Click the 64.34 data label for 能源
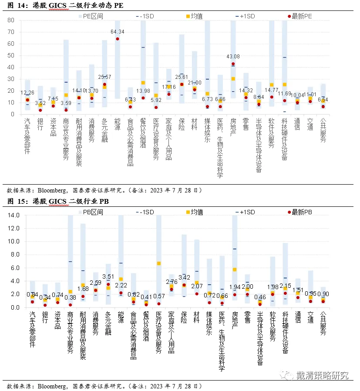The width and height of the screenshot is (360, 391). click(118, 32)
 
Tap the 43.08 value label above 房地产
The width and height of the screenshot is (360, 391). click(233, 57)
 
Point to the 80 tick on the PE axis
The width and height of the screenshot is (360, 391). click(11, 20)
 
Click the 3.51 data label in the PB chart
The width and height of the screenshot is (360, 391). click(108, 276)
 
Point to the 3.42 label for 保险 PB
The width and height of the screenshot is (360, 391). click(185, 277)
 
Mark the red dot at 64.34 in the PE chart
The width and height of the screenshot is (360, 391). click(118, 39)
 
